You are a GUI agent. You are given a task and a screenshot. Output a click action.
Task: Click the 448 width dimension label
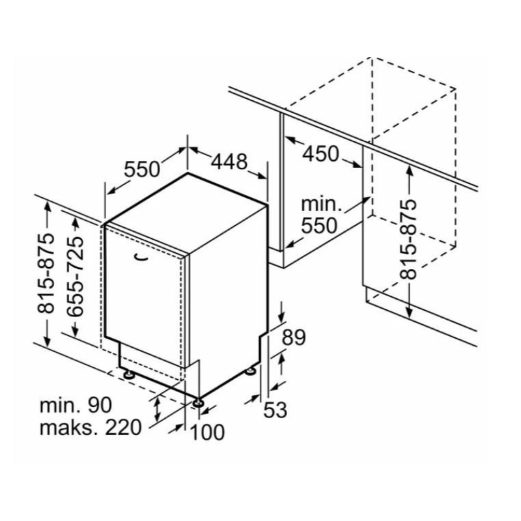point(230,162)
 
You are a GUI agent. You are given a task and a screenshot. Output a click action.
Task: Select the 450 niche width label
point(321,154)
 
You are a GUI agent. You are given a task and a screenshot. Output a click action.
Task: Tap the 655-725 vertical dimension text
point(75,276)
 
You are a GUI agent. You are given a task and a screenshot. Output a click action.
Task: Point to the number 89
point(294,337)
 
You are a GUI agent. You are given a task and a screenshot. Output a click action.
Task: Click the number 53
point(275,410)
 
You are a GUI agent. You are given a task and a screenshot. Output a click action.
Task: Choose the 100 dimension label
point(207,432)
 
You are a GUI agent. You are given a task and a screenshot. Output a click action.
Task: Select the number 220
point(124,427)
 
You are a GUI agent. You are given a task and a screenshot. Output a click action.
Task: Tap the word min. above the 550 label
point(321,204)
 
